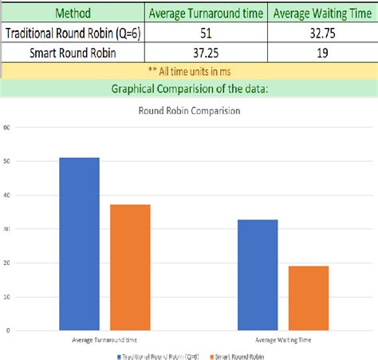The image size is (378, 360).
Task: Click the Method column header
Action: [73, 14]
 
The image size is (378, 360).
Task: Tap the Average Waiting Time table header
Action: [322, 14]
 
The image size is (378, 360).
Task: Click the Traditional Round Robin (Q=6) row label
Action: [73, 33]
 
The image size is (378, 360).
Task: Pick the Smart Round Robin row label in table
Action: [73, 52]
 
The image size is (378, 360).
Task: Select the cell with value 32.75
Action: [322, 33]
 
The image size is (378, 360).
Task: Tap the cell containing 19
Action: [322, 52]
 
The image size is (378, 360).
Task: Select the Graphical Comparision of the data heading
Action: [189, 89]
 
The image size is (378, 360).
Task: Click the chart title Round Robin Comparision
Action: [189, 111]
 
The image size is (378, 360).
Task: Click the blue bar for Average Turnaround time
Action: [80, 243]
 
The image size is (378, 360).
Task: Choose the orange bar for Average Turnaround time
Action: [130, 267]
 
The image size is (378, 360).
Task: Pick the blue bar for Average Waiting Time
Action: [258, 275]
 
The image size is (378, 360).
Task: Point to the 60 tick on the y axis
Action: [7, 127]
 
